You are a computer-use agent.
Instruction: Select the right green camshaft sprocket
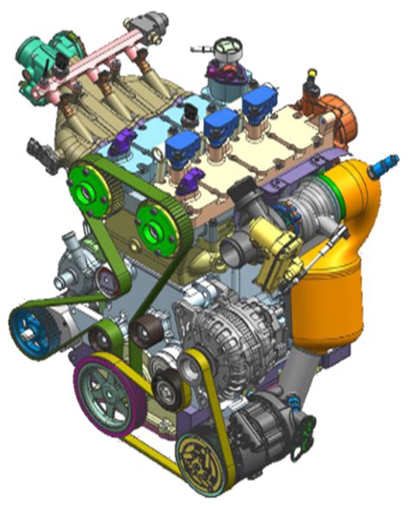pyautogui.click(x=154, y=230)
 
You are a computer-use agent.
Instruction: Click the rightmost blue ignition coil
pyautogui.click(x=257, y=104)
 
